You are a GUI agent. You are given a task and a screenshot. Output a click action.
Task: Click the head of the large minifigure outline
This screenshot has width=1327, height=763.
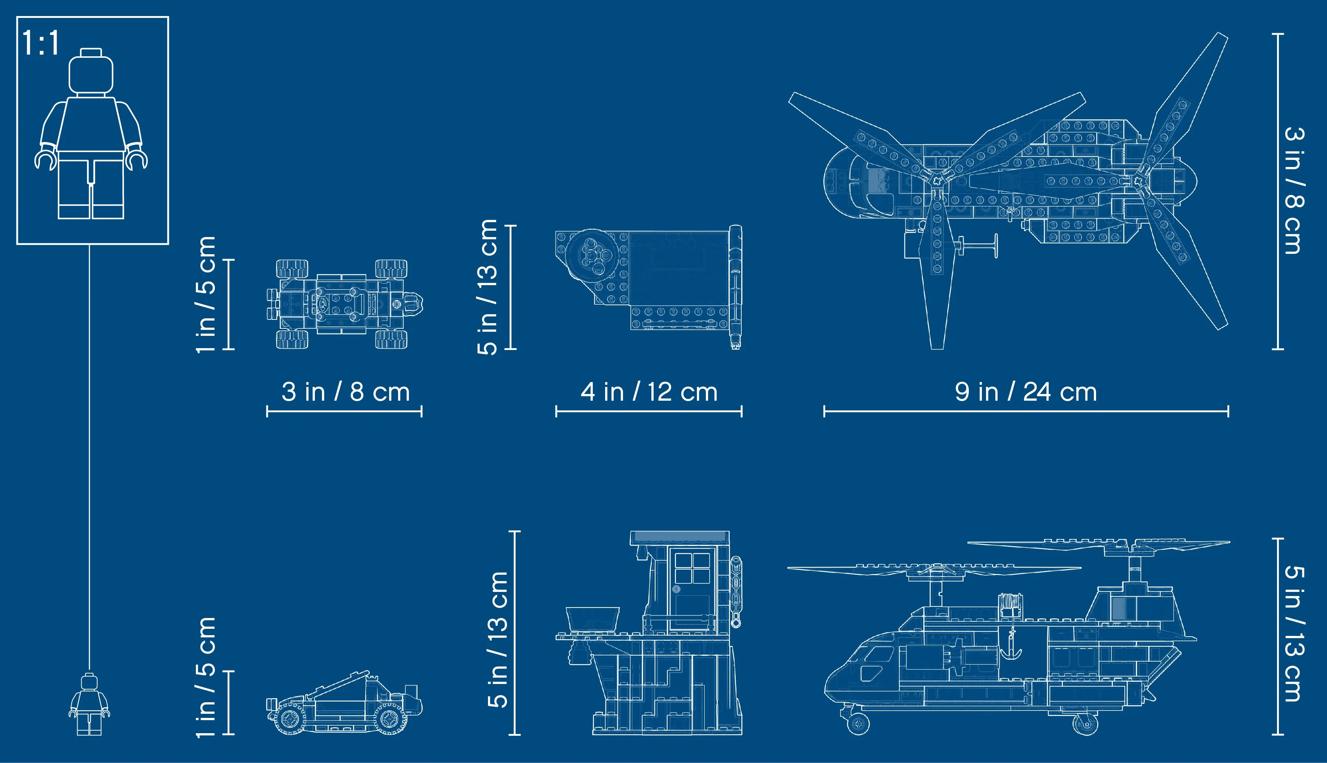91,72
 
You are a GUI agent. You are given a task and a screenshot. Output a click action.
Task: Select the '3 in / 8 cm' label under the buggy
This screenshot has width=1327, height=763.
345,392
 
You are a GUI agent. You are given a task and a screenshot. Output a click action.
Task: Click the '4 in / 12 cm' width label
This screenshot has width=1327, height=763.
649,392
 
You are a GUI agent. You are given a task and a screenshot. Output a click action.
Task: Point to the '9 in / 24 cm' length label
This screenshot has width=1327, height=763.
1026,392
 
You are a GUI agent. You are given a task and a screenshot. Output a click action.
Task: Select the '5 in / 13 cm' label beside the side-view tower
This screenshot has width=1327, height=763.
497,639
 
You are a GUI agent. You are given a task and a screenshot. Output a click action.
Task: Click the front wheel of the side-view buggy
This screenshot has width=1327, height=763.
289,719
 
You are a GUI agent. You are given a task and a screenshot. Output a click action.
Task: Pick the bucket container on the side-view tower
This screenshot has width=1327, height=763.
592,619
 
